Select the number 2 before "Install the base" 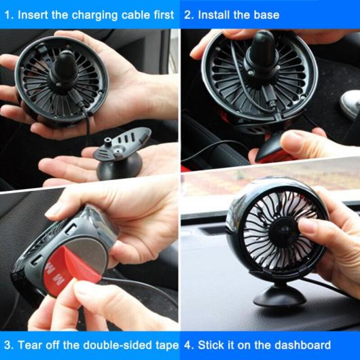pyautogui.click(x=189, y=15)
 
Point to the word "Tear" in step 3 pyautogui.click(x=30, y=345)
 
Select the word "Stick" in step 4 pyautogui.click(x=209, y=345)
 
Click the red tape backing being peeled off pyautogui.click(x=69, y=268)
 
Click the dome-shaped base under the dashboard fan pyautogui.click(x=280, y=296)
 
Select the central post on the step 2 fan pyautogui.click(x=262, y=52)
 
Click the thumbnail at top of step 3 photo pyautogui.click(x=52, y=211)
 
